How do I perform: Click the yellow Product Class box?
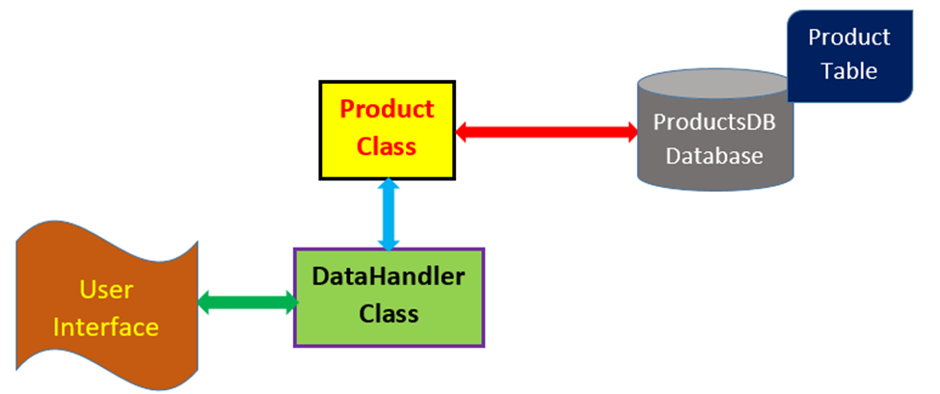tap(388, 129)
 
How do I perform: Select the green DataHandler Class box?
tap(389, 297)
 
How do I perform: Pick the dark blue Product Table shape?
tap(849, 55)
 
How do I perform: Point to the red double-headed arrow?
tap(547, 131)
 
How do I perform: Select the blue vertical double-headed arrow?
tap(389, 214)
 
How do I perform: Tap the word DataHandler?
tap(389, 279)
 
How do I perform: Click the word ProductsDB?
tap(714, 122)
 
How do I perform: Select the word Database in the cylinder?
tap(714, 155)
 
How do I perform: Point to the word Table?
tap(848, 71)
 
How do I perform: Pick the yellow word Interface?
tap(107, 327)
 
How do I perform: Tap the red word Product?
tap(387, 109)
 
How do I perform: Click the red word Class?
tap(386, 146)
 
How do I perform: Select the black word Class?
tap(389, 314)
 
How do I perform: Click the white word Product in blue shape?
tap(848, 38)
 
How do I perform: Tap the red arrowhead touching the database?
tap(631, 131)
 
